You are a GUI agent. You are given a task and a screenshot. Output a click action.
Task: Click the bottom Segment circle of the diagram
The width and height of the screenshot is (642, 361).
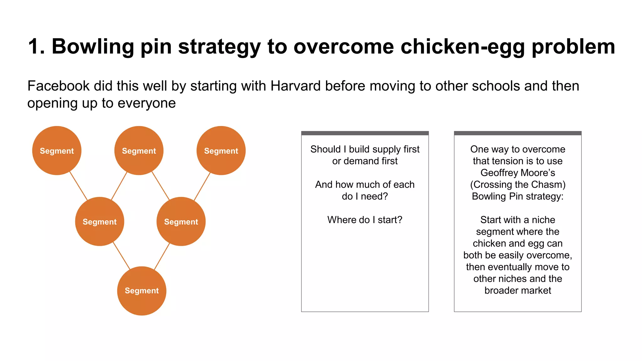click(x=142, y=291)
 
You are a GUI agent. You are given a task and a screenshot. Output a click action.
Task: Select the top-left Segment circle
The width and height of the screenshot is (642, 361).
click(x=57, y=151)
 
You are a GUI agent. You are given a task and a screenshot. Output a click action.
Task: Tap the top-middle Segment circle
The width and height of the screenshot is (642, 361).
click(x=139, y=151)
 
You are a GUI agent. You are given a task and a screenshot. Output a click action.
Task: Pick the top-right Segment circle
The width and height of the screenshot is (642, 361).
click(x=221, y=151)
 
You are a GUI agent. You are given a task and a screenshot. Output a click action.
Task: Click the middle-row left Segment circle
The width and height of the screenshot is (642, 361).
click(x=100, y=222)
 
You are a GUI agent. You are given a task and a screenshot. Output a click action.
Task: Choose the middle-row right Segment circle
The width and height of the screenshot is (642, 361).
click(x=181, y=222)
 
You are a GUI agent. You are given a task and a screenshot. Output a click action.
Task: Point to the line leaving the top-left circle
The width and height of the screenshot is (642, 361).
click(x=78, y=186)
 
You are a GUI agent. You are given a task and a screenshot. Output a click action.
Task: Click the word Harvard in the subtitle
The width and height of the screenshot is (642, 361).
click(x=295, y=86)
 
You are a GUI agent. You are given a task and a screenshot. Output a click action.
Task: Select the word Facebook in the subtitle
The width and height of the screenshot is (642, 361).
click(x=59, y=86)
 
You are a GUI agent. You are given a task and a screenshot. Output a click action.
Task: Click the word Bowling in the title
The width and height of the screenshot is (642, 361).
click(x=93, y=46)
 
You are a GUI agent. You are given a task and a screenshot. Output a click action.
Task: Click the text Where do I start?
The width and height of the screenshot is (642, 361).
click(x=365, y=220)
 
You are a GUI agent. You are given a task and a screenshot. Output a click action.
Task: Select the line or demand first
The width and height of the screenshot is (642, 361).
click(x=365, y=161)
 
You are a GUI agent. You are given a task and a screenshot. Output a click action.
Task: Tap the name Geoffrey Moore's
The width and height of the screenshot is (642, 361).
click(x=518, y=173)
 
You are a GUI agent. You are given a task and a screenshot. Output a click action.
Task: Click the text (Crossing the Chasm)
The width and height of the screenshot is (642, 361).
click(x=518, y=185)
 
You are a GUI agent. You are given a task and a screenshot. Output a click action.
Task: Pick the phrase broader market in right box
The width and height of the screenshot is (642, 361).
click(x=518, y=290)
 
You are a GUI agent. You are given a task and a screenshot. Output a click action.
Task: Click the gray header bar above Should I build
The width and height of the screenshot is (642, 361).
click(x=365, y=133)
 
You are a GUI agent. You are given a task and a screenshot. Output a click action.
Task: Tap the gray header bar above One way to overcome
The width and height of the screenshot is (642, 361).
click(x=518, y=133)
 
